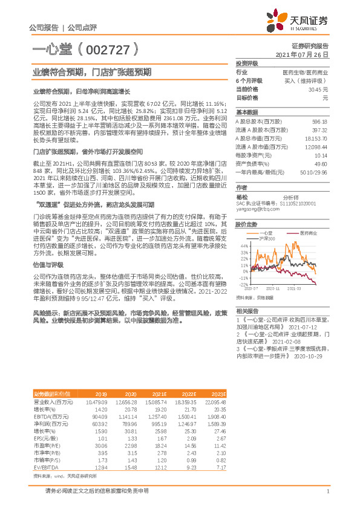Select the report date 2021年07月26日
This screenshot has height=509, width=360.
pos(301,54)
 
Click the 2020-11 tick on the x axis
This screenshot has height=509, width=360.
pos(271,290)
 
